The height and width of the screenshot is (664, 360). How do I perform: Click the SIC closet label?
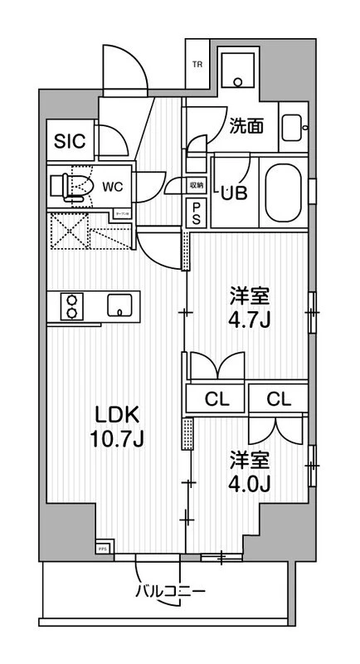pos(70,141)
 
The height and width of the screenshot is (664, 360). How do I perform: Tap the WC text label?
pos(113,187)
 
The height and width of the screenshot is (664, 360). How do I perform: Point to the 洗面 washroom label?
pos(247,126)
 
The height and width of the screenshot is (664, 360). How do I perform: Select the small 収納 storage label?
pos(197,186)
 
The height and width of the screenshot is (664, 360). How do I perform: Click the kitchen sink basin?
pos(121,305)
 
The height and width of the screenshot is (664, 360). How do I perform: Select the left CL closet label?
pos(217,399)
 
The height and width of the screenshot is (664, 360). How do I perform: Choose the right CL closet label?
pos(279,399)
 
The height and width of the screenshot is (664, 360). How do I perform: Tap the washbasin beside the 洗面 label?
pos(293,127)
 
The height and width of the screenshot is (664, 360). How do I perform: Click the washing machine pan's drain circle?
pos(238,81)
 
